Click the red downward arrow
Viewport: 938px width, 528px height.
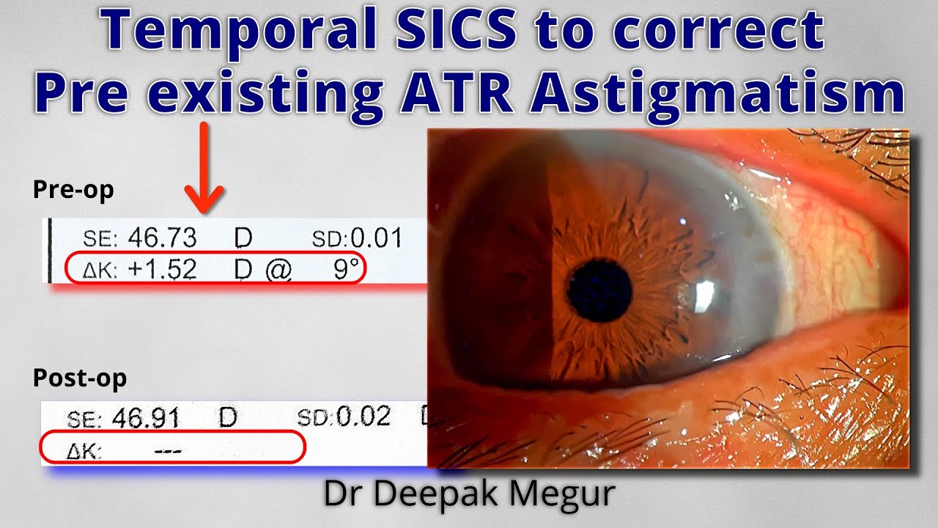tap(204, 169)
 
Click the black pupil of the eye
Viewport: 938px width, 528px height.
tap(599, 291)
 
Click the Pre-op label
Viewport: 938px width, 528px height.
tap(73, 191)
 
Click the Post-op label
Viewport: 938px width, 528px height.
tap(79, 378)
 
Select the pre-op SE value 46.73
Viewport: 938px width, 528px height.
tap(162, 238)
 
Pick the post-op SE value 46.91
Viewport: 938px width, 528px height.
tap(147, 419)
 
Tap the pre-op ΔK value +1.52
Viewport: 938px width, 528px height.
tap(162, 270)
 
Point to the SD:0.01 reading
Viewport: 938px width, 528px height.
tap(356, 238)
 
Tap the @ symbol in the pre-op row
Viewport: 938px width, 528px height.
tap(278, 271)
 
